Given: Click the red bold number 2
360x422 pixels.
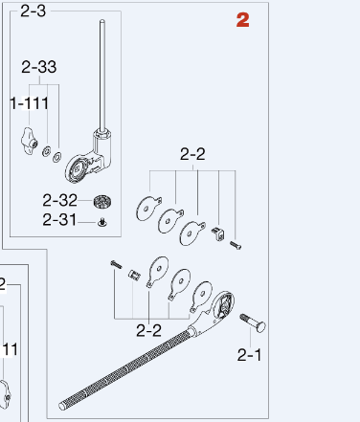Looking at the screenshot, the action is click(242, 20).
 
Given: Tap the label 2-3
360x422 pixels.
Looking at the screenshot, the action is click(34, 11).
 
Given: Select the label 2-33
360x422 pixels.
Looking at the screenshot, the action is click(39, 67).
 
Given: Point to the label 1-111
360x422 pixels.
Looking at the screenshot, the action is click(30, 103).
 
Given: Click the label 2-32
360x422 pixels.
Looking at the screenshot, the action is click(59, 200).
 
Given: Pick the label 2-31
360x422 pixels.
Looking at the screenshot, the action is click(59, 220).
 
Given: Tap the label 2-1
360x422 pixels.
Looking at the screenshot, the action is click(249, 355).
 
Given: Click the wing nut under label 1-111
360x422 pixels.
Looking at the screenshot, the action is click(29, 142).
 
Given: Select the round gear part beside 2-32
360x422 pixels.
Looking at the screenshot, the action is click(102, 202).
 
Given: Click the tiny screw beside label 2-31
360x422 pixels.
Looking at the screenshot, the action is click(102, 222).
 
